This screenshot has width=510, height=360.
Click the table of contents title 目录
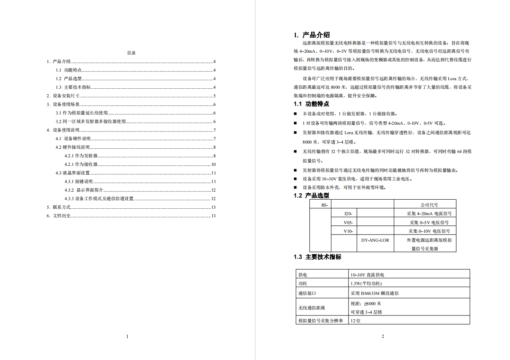point(131,53)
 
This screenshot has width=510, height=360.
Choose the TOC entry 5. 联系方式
point(59,207)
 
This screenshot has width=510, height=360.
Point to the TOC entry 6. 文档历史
point(59,216)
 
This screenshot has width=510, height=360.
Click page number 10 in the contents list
point(213,165)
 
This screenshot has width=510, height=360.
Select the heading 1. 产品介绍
point(312,35)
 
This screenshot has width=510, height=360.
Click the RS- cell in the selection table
point(325,205)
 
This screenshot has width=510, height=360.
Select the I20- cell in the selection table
point(348,213)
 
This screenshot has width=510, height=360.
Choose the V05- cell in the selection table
point(348,223)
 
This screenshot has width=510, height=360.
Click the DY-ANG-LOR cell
point(375,240)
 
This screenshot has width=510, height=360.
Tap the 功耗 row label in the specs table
point(303,284)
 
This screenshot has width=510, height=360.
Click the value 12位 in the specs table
point(355,321)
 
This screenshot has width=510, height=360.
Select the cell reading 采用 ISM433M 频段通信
point(375,294)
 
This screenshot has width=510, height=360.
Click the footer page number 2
point(383,336)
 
